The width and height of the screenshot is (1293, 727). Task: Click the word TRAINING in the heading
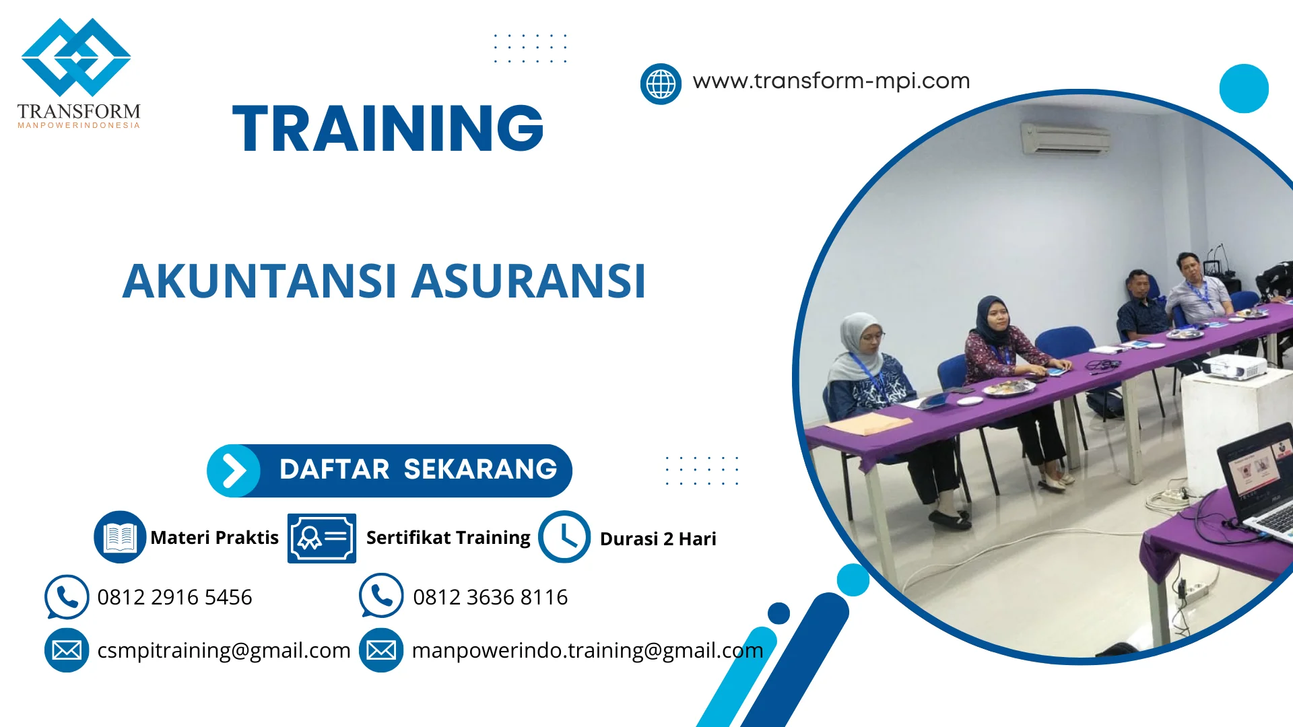pyautogui.click(x=388, y=129)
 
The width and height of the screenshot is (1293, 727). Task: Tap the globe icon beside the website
pyautogui.click(x=660, y=84)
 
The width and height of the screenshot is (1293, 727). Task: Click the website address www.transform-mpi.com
pyautogui.click(x=831, y=81)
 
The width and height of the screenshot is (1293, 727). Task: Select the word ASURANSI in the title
pyautogui.click(x=529, y=281)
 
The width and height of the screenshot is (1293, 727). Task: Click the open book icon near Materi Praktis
pyautogui.click(x=120, y=537)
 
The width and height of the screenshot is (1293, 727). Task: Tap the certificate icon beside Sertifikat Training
pyautogui.click(x=322, y=538)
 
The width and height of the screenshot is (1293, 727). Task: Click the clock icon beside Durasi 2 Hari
pyautogui.click(x=564, y=537)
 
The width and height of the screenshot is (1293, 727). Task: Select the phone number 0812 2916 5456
pyautogui.click(x=174, y=597)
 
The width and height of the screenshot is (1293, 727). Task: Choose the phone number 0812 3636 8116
pyautogui.click(x=490, y=597)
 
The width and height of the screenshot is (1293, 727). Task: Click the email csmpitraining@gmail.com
pyautogui.click(x=224, y=650)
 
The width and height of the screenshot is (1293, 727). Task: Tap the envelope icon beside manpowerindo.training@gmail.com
pyautogui.click(x=381, y=650)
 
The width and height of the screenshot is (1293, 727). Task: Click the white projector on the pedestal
pyautogui.click(x=1234, y=368)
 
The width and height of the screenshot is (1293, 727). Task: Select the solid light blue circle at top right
pyautogui.click(x=1243, y=89)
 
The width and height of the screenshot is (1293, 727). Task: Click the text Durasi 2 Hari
pyautogui.click(x=658, y=539)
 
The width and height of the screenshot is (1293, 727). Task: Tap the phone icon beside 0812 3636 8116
pyautogui.click(x=381, y=596)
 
